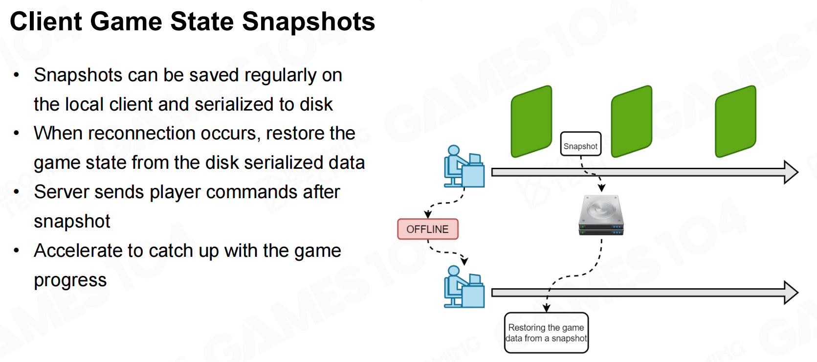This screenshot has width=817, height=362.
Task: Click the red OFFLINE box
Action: [x=427, y=229]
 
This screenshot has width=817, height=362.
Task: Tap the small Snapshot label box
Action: [x=580, y=144]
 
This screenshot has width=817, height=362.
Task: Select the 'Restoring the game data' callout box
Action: [x=546, y=333]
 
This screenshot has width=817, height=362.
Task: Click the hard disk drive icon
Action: [x=601, y=215]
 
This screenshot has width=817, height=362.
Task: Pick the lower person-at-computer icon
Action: [x=464, y=287]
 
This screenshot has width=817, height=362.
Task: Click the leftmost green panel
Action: [x=531, y=121]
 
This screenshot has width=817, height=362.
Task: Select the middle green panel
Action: [x=632, y=121]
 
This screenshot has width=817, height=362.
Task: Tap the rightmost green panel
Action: [x=735, y=121]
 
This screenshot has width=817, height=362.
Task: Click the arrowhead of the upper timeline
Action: [x=791, y=172]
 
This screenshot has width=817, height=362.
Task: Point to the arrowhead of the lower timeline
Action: [x=791, y=293]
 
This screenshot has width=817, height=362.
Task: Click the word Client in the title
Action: [x=45, y=22]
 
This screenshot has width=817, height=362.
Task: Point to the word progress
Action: [x=70, y=281]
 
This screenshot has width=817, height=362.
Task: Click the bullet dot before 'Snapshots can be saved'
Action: [x=17, y=75]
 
